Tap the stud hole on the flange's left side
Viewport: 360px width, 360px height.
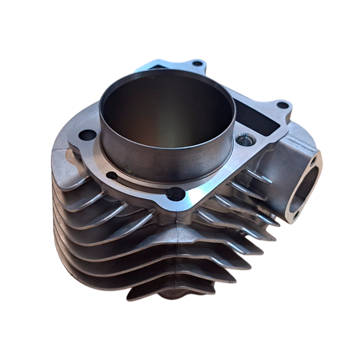(x=88, y=135)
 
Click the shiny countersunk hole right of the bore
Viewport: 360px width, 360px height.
(x=244, y=139)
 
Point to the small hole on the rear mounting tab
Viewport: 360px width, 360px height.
(x=197, y=64)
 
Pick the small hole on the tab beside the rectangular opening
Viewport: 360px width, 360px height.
(x=282, y=105)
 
